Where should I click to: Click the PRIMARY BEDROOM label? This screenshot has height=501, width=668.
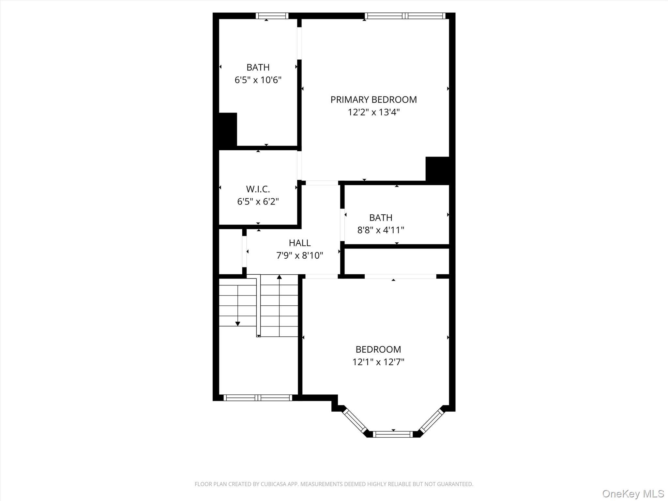[x=373, y=99]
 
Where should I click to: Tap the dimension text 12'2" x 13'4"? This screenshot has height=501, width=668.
[x=373, y=112]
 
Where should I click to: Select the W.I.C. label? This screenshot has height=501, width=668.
[x=258, y=189]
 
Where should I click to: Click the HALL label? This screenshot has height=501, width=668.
[x=299, y=243]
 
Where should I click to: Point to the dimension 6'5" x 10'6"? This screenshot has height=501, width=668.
[x=258, y=80]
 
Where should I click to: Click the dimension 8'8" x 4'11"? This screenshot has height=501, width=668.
[x=381, y=230]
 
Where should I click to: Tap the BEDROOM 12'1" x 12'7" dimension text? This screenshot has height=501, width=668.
[x=378, y=362]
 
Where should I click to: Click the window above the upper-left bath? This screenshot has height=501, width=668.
[x=272, y=16]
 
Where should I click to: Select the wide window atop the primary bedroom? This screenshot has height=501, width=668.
[x=405, y=16]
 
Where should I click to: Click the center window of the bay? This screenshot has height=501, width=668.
[x=393, y=434]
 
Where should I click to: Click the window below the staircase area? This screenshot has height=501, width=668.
[x=258, y=398]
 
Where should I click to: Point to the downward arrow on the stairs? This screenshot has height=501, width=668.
[x=238, y=323]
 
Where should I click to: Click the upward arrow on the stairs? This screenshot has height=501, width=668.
[x=279, y=278]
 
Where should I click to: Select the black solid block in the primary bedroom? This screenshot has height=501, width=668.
[x=437, y=169]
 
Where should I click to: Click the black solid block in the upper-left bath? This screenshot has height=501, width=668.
[x=228, y=129]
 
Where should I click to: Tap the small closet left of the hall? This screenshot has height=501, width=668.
[x=230, y=251]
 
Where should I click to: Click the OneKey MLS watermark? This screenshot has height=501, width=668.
[x=633, y=493]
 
